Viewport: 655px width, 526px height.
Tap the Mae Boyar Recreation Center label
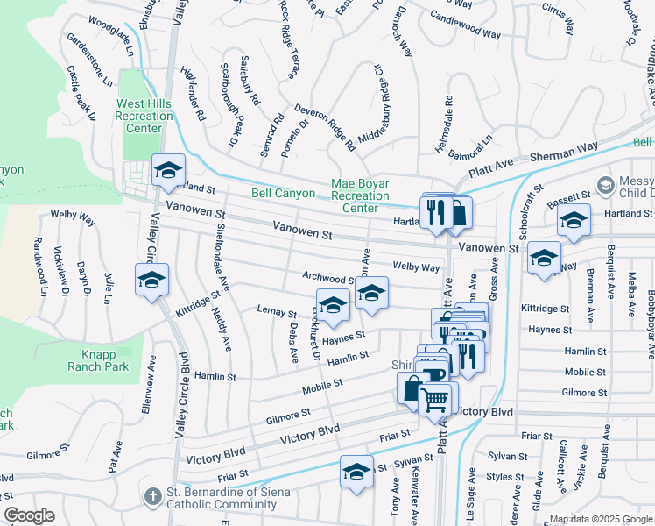[360, 195]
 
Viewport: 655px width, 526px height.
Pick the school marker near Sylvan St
[356, 472]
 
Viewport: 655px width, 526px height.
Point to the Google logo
[29, 515]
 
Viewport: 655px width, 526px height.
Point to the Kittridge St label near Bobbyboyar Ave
[546, 309]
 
